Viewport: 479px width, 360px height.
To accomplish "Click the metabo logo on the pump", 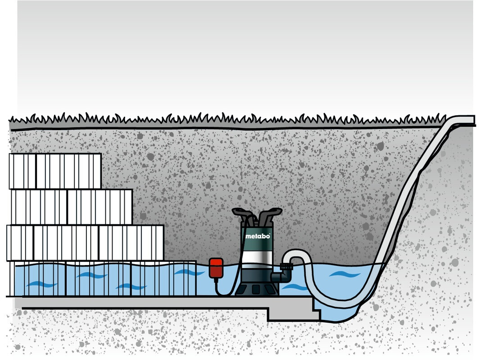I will [x=258, y=236].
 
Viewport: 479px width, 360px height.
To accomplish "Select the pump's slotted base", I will [x=256, y=288].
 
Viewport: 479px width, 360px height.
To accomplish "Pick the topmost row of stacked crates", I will [x=55, y=171].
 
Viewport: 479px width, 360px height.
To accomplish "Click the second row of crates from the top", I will [x=71, y=207].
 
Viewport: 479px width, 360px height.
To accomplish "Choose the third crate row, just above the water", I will [x=86, y=243].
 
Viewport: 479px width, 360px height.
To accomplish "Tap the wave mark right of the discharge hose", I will [x=344, y=274].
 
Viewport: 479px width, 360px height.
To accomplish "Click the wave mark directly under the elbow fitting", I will [x=295, y=287].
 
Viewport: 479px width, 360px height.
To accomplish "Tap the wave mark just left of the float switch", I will [x=189, y=272].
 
